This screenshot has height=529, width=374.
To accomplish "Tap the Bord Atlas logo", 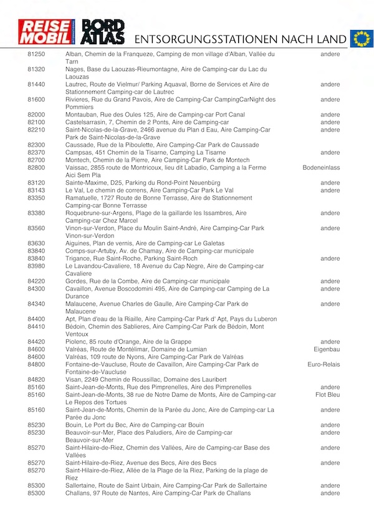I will (x=103, y=32).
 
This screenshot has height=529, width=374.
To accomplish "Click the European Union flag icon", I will (x=361, y=38).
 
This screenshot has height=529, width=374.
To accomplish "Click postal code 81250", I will (x=36, y=54).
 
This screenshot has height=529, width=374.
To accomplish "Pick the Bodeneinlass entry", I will (x=321, y=168).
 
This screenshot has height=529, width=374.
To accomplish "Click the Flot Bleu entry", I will (x=327, y=395).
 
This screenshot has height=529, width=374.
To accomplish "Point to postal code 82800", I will (x=36, y=168).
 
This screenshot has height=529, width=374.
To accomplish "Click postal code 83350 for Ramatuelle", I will (x=36, y=198).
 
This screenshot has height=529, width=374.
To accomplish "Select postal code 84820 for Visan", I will (x=36, y=379).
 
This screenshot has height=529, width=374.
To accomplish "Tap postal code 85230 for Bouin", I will (x=36, y=425).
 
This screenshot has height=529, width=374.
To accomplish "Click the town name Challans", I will (x=79, y=493).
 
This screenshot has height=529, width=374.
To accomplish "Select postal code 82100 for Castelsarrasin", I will (x=36, y=122).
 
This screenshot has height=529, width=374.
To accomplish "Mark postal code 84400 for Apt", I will (x=36, y=319).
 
